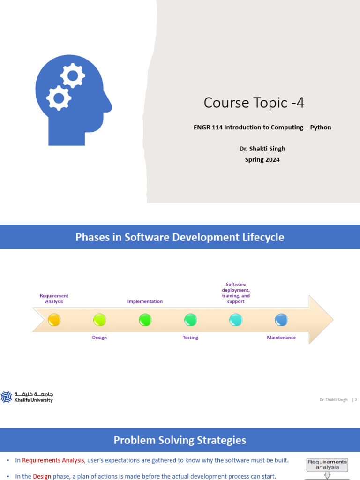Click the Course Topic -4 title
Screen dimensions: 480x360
click(x=254, y=103)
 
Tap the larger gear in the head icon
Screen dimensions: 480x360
click(x=59, y=97)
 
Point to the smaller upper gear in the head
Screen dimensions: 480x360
click(x=73, y=75)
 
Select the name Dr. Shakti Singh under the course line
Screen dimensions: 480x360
click(x=262, y=149)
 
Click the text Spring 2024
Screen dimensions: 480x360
click(x=262, y=159)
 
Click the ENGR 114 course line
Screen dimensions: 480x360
click(x=262, y=127)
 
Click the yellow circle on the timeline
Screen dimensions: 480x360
click(x=54, y=320)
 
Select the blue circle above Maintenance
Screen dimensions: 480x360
click(x=281, y=320)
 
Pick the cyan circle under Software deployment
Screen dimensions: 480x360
click(x=236, y=320)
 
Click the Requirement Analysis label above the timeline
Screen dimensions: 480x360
click(x=54, y=299)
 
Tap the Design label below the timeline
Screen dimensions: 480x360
click(x=99, y=337)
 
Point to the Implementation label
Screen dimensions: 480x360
click(x=145, y=301)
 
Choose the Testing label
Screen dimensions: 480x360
click(x=190, y=337)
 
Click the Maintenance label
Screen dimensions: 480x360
click(x=281, y=337)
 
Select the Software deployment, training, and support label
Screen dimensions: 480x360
click(x=236, y=293)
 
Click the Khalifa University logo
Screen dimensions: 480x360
click(x=27, y=397)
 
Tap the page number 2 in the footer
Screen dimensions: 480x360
click(x=356, y=400)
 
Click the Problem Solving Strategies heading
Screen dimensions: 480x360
click(x=180, y=440)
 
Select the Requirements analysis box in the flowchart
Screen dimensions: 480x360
click(x=328, y=465)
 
